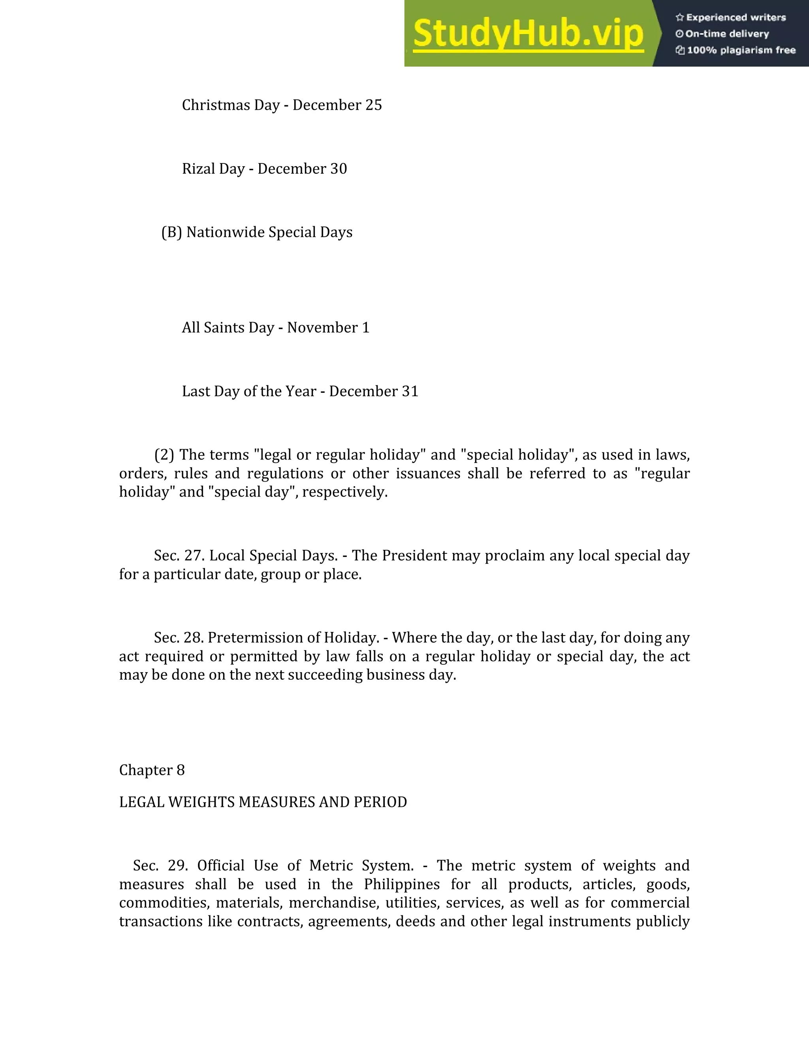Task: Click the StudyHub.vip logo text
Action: point(528,34)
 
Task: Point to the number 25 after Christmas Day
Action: point(373,105)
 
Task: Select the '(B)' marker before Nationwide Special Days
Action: point(171,232)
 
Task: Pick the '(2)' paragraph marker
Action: point(164,454)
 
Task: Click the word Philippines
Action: point(402,884)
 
